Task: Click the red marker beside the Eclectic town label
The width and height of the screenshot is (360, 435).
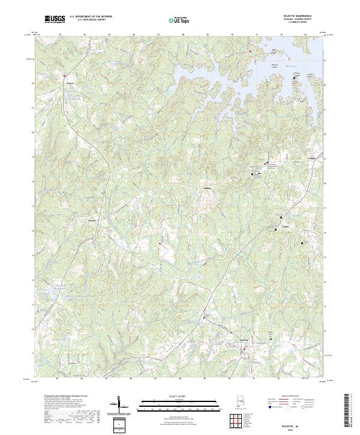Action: pos(244,344)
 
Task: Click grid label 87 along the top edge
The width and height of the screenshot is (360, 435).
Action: pos(158,35)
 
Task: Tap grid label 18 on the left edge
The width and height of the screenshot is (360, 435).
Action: pos(32,157)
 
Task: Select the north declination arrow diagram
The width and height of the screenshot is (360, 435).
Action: pos(120,405)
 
